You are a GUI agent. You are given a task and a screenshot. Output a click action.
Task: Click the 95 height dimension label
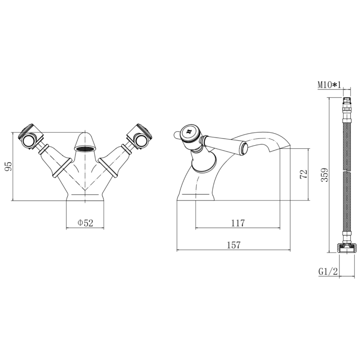[x=8, y=166]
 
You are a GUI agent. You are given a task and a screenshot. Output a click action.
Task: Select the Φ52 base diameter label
[x=85, y=223]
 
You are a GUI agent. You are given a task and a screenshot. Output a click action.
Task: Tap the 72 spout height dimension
[x=304, y=174]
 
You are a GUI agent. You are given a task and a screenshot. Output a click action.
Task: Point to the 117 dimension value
[x=238, y=223]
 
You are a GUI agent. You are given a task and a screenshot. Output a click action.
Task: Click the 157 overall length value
[x=234, y=245]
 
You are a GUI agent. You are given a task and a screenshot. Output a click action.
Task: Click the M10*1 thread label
[x=329, y=85]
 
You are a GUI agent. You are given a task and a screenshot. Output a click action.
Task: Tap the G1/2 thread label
[x=328, y=272]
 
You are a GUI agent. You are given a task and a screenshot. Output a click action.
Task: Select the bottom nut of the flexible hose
[x=346, y=247]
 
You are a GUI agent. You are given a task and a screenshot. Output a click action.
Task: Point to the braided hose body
[x=347, y=176]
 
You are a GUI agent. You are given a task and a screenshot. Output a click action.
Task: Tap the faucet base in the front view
[x=85, y=196]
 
